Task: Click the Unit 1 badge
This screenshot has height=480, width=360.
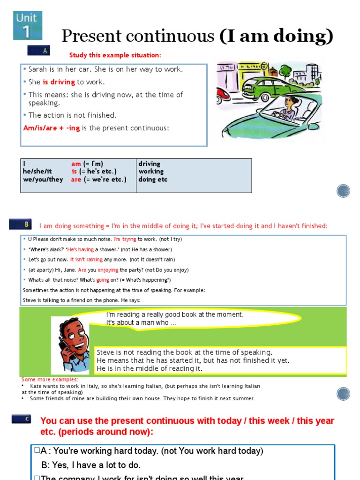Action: click(x=28, y=25)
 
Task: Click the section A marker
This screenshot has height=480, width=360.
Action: click(x=38, y=51)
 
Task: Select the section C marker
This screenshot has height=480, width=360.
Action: click(x=21, y=419)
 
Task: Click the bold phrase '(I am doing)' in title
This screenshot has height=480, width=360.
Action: click(x=277, y=36)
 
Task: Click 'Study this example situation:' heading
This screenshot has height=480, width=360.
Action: click(x=115, y=55)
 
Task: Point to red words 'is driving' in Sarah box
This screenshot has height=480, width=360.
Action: click(x=59, y=82)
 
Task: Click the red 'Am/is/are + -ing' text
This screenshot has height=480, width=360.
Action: click(x=52, y=128)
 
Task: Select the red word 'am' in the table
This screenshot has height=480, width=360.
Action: click(x=76, y=164)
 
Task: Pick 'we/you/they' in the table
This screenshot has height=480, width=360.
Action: click(x=43, y=180)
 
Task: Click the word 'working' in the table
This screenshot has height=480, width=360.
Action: click(x=151, y=172)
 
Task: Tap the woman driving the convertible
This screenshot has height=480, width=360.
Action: click(x=290, y=107)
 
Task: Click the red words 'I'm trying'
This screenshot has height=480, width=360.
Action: click(x=125, y=239)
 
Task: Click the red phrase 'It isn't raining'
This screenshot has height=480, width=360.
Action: click(x=86, y=260)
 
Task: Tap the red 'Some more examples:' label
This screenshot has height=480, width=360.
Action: click(x=50, y=379)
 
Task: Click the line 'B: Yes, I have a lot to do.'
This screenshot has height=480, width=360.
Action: click(x=91, y=465)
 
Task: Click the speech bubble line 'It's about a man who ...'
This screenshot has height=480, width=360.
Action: click(x=141, y=322)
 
